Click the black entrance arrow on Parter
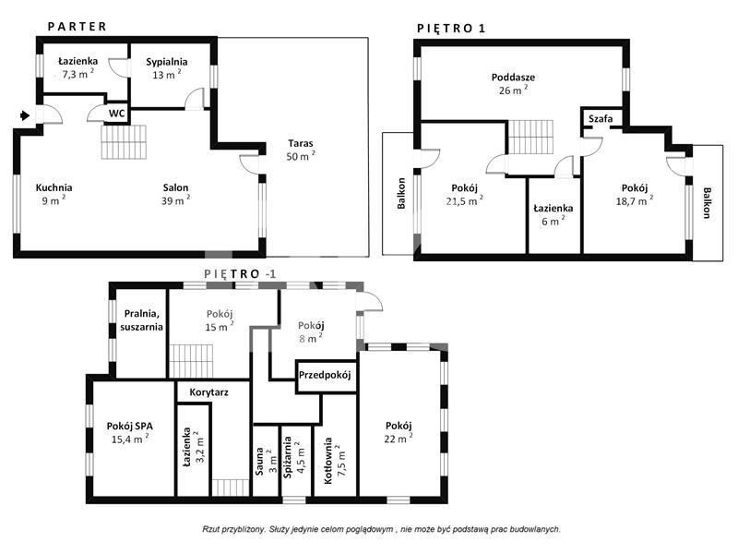25,114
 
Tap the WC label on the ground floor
117,114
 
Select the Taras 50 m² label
301,150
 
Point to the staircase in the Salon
124,142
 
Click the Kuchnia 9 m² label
54,194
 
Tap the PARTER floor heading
77,27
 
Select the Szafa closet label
601,119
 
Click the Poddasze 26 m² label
513,83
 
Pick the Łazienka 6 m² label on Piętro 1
553,214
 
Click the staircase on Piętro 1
531,137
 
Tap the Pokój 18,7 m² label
635,194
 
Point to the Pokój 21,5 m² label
465,194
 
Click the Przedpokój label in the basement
325,376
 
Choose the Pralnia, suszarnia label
141,319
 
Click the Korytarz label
209,391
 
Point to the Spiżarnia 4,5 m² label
294,457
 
